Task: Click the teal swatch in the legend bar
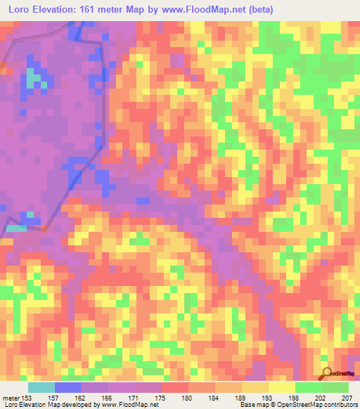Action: (41, 387)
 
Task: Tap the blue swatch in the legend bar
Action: (68, 387)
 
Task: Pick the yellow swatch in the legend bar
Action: (282, 387)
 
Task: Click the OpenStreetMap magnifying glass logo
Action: (326, 372)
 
